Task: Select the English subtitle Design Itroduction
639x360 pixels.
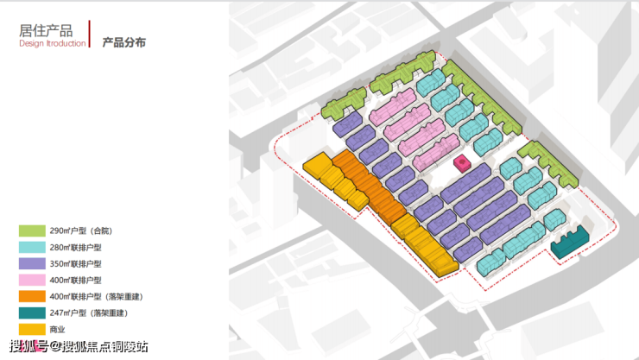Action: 53,42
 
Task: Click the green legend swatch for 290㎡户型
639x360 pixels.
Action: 32,231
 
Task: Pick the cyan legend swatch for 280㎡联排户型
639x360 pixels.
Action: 32,247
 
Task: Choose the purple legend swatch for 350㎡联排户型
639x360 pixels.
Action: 32,263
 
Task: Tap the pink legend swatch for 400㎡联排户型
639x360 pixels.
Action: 32,280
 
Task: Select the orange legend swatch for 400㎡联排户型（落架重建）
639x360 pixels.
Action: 32,296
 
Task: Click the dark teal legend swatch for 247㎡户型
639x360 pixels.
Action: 32,313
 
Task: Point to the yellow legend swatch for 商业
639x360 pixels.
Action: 32,329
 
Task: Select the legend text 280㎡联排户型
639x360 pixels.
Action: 75,247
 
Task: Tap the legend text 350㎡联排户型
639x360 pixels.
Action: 75,263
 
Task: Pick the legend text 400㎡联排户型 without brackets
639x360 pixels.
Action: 75,280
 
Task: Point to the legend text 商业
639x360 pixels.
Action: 57,329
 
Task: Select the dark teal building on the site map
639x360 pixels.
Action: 570,242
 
